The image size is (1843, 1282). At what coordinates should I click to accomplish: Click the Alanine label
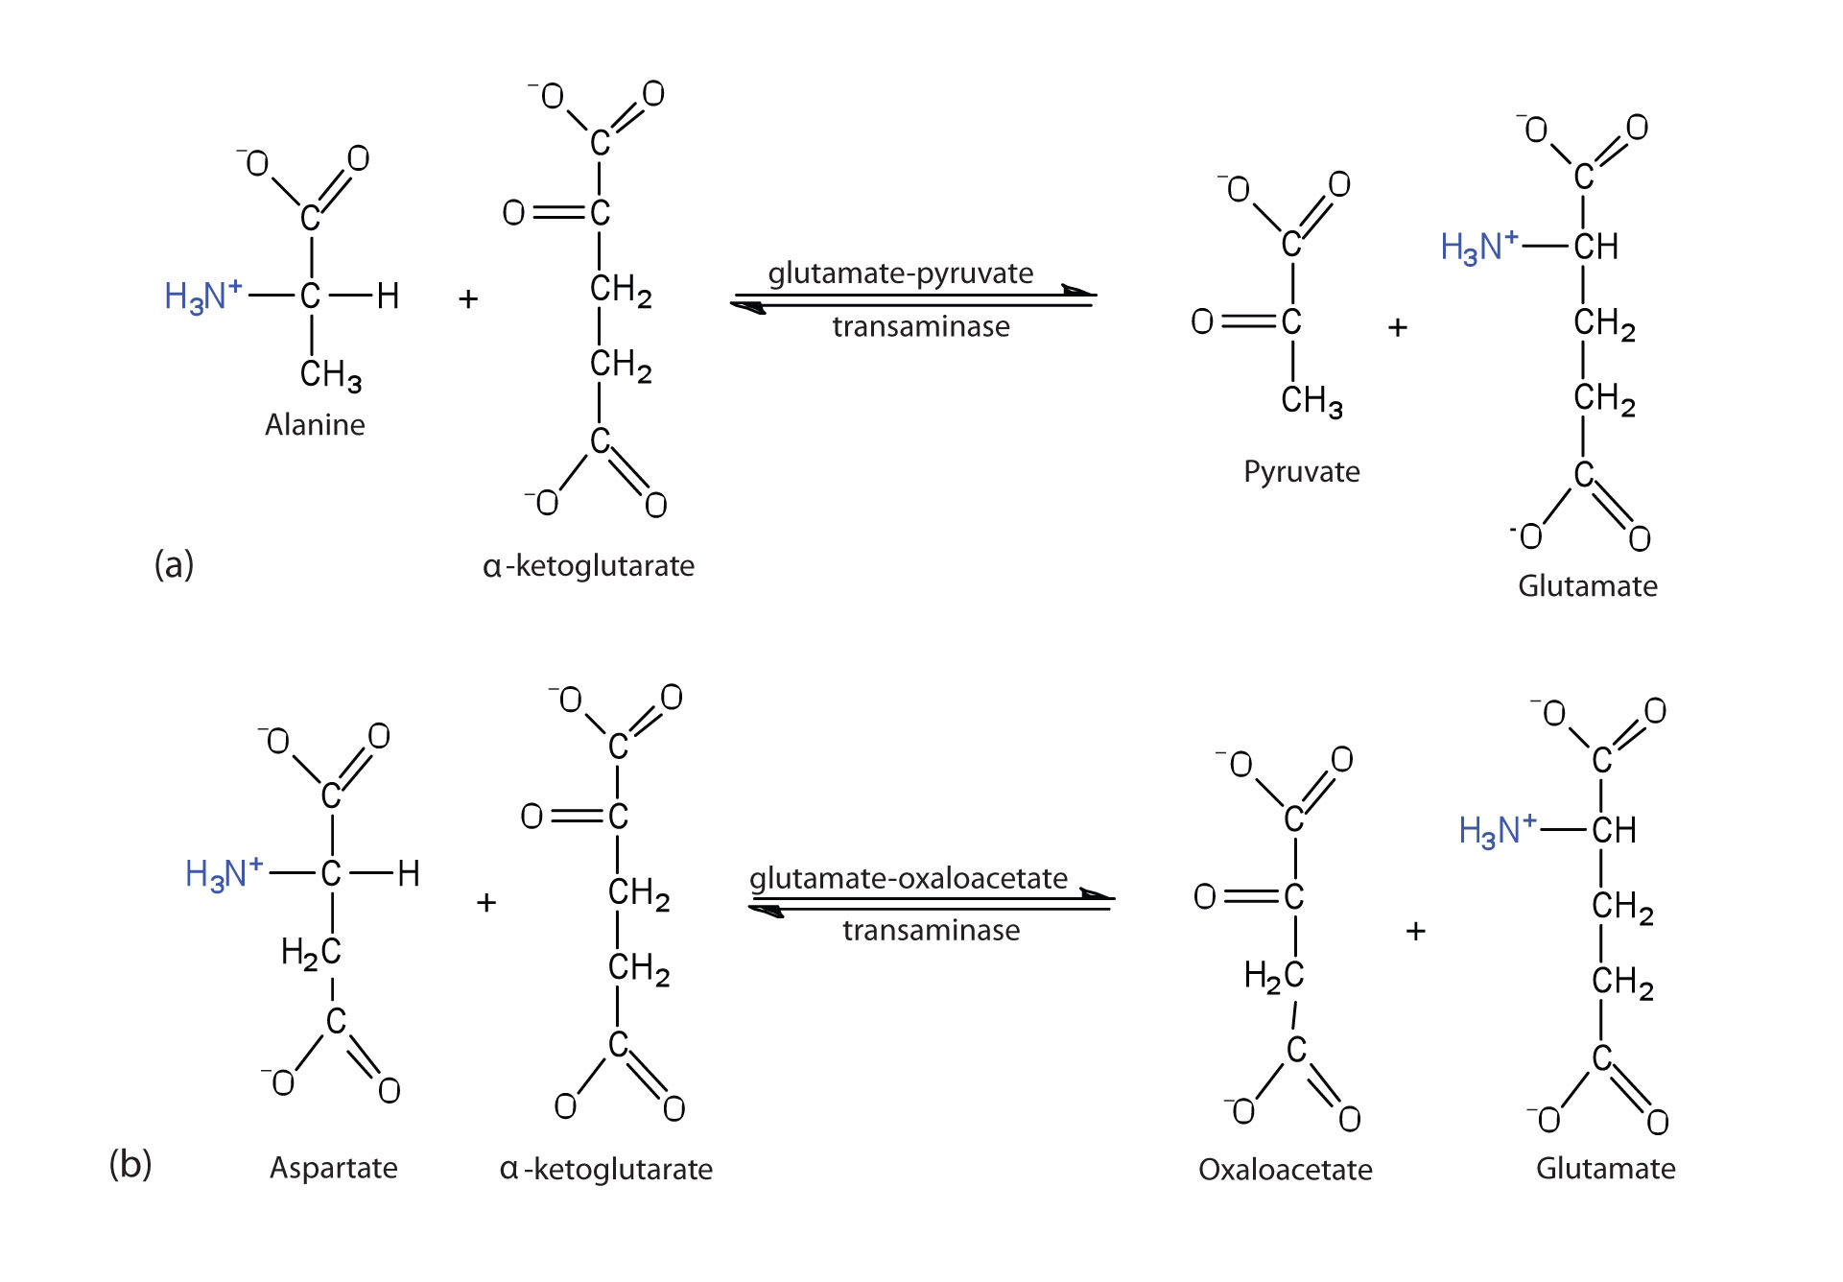tap(315, 425)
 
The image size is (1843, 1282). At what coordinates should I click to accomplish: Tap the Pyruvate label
tap(1301, 472)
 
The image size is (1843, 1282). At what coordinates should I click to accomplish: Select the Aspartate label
tap(333, 1168)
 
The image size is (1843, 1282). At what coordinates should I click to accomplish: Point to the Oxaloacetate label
tap(1285, 1170)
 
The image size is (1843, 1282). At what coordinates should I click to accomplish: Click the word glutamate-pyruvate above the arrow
tap(900, 273)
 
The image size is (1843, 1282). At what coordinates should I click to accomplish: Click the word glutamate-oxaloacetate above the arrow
tap(908, 878)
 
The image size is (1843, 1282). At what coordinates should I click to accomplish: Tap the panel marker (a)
tap(174, 564)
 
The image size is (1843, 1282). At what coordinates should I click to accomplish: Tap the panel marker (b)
tap(130, 1164)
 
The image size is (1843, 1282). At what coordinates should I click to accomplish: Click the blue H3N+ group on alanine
tap(202, 296)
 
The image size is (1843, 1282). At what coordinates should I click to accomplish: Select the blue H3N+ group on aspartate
tap(224, 873)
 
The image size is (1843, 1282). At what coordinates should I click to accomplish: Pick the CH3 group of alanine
tap(330, 374)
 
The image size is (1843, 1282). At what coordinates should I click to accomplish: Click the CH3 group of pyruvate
tap(1311, 400)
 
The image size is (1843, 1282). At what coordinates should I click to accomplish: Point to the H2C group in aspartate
tap(311, 953)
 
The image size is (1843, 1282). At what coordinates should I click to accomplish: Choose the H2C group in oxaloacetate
tap(1274, 977)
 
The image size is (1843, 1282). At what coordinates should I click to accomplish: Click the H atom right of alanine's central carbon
tap(388, 296)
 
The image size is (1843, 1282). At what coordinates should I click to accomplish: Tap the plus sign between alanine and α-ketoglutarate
tap(468, 299)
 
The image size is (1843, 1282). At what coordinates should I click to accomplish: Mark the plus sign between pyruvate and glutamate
tap(1398, 328)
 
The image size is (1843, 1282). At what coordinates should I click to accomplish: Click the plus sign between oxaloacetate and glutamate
tap(1416, 931)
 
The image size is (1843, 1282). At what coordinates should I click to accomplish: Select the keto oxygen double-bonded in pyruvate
tap(1202, 321)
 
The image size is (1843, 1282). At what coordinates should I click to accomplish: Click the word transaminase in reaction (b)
tap(931, 931)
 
